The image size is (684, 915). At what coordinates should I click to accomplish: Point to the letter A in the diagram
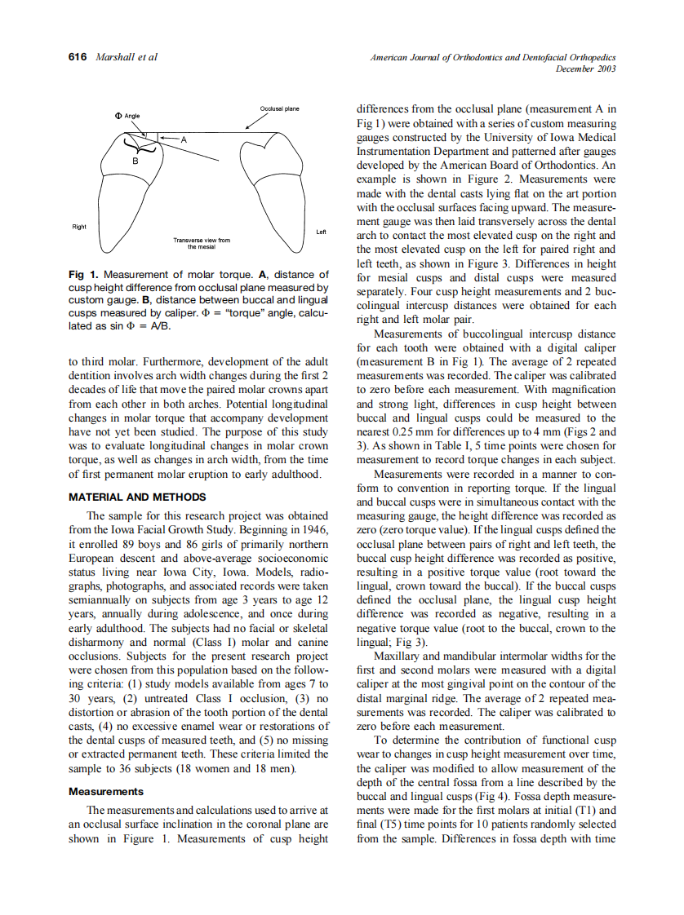(184, 139)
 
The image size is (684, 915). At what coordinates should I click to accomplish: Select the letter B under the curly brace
(136, 163)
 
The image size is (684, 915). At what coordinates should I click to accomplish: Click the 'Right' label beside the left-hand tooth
(79, 227)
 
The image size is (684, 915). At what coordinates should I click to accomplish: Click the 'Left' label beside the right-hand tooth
(321, 232)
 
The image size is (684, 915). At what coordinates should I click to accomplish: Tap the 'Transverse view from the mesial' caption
(202, 243)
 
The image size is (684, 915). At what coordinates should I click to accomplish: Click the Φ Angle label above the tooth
(128, 116)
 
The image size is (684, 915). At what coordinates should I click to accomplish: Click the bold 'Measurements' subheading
(105, 791)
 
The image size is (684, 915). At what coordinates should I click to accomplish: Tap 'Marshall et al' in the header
(127, 57)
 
